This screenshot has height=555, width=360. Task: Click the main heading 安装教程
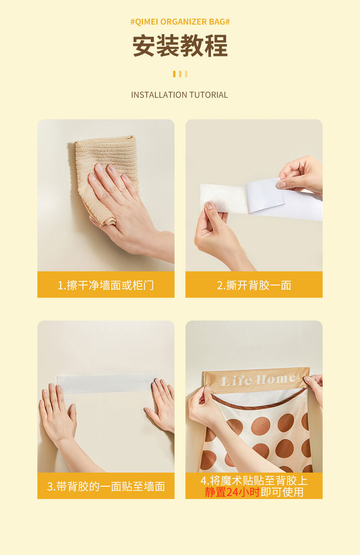point(180,46)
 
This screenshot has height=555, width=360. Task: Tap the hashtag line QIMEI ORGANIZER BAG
point(180,22)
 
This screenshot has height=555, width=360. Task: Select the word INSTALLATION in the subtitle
point(159,95)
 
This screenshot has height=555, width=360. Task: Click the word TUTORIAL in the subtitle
point(209,95)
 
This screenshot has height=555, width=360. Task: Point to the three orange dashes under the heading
point(180,74)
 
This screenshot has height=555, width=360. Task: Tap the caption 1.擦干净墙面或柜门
point(106,285)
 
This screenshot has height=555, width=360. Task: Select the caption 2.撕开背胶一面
point(254,285)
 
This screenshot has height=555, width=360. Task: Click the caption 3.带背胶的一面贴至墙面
point(106,486)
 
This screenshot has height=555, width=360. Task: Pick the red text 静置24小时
point(232,492)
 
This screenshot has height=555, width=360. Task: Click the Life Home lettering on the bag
point(258,380)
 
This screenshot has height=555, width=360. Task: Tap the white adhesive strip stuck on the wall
point(106,383)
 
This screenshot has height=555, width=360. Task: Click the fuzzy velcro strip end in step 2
point(224,198)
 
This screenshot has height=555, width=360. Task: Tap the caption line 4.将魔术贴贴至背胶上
point(254,481)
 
